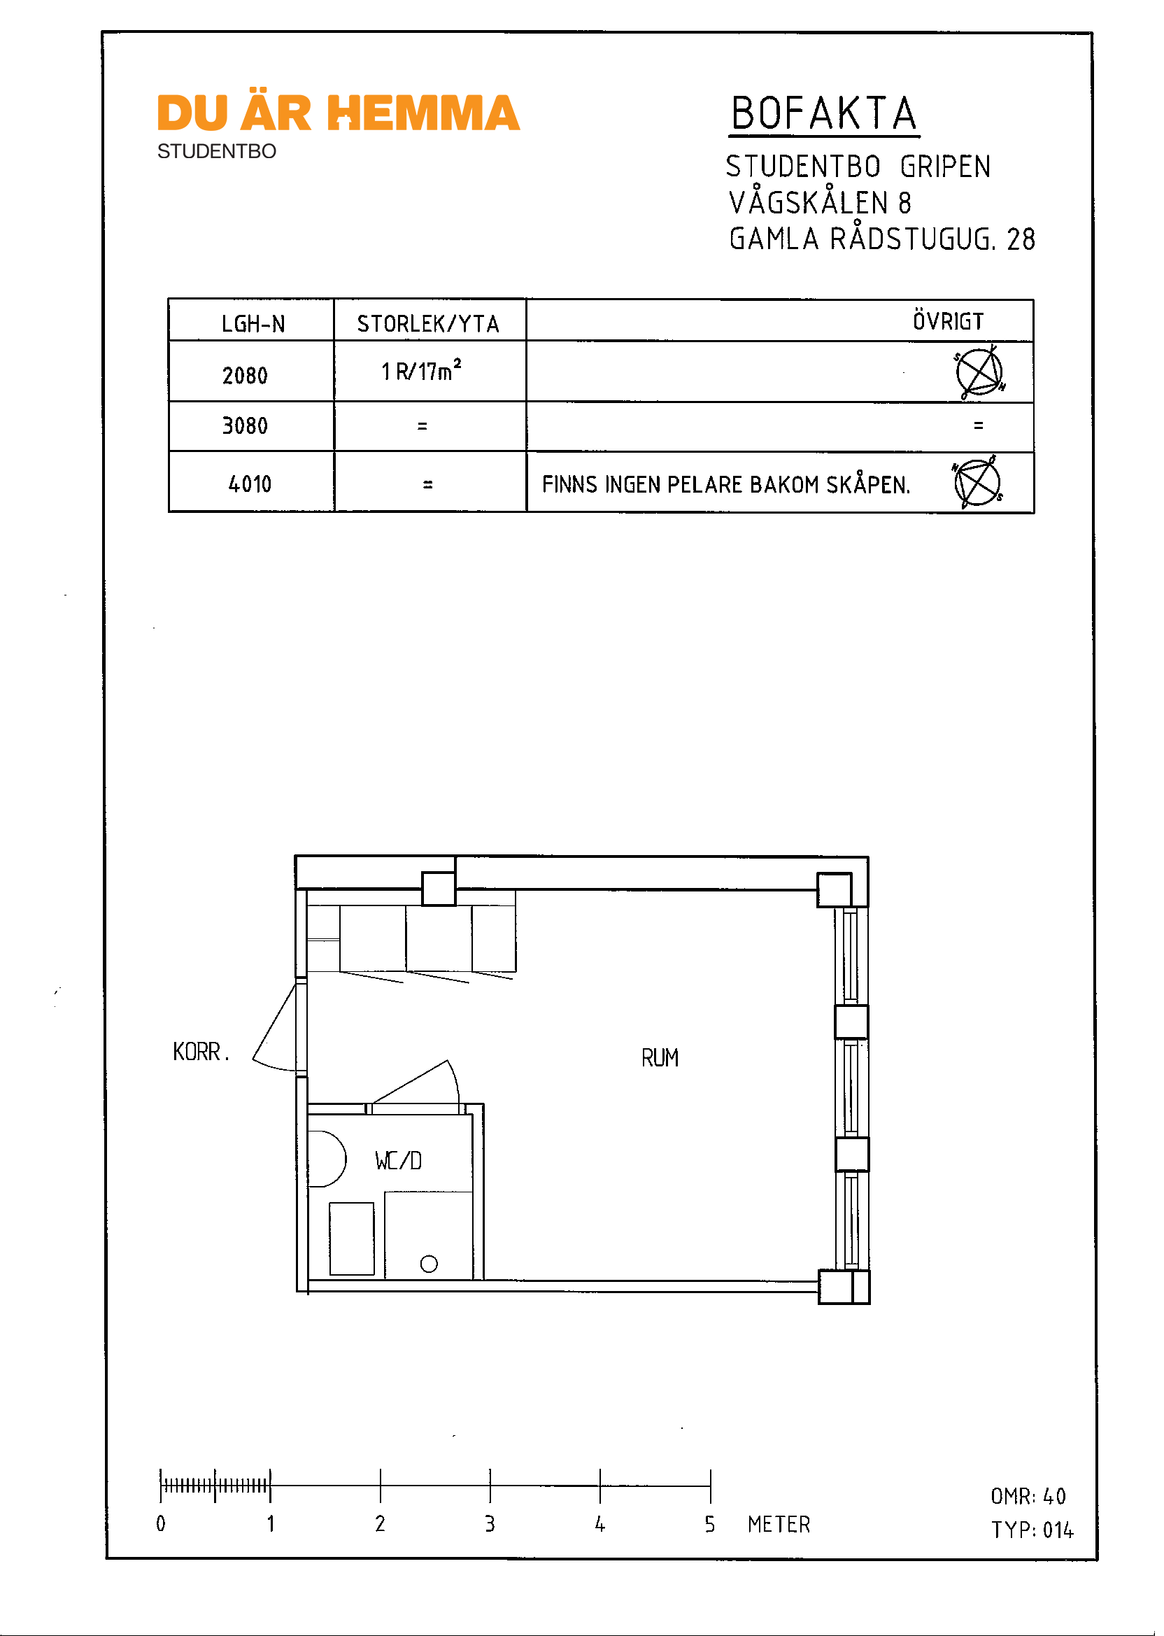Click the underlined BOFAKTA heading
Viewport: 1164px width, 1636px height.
tap(823, 115)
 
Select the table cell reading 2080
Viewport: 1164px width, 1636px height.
tap(245, 375)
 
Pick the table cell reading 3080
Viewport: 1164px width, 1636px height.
tap(245, 426)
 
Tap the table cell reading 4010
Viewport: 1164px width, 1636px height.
tap(250, 484)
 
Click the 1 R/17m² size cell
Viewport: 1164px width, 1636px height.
tap(421, 371)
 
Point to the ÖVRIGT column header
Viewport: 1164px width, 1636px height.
tap(948, 321)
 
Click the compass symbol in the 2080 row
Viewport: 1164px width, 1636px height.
tap(979, 373)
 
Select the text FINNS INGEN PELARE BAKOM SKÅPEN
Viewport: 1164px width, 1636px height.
tap(725, 485)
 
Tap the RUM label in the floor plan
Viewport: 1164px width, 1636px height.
tap(660, 1058)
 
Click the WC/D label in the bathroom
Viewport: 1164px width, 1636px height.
tap(399, 1161)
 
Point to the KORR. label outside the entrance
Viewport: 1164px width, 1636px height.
tap(201, 1052)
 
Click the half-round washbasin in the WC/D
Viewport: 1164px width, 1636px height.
tap(325, 1159)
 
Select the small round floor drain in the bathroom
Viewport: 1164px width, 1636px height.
tap(429, 1264)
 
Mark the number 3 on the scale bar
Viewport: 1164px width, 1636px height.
tap(490, 1523)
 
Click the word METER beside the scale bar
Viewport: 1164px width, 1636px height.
tap(779, 1524)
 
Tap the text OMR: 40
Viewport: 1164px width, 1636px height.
tap(1028, 1496)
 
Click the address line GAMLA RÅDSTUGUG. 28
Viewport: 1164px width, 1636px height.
tap(881, 239)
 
